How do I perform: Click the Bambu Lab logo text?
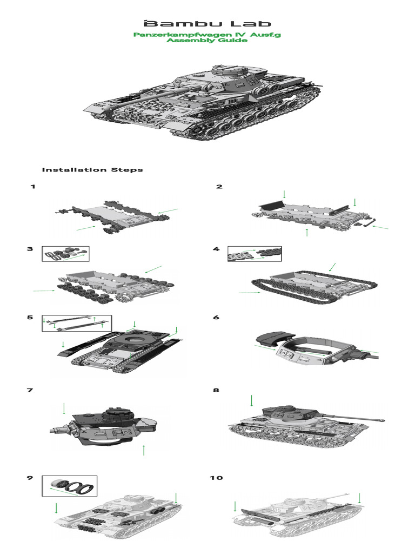tap(207, 23)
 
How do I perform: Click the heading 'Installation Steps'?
tap(92, 169)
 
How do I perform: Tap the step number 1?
tap(33, 187)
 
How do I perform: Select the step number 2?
tap(219, 187)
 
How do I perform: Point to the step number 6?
tap(216, 317)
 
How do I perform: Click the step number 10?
tap(216, 478)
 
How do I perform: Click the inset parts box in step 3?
tap(65, 253)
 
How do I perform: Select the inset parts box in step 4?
tap(254, 253)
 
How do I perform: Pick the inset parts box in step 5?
tap(76, 323)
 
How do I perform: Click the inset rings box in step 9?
tap(69, 485)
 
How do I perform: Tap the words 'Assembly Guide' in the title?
tap(207, 41)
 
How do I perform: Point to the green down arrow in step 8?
tap(251, 401)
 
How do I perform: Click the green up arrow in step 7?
tap(144, 450)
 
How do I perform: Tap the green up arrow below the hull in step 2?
tap(307, 232)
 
